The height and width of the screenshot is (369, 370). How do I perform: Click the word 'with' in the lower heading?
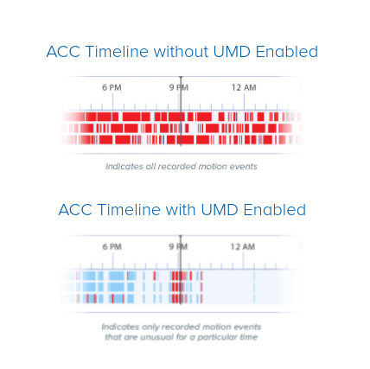coord(185,210)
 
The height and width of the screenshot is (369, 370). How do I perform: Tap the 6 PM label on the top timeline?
coord(112,87)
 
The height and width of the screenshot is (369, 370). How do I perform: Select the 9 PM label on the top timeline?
coord(179,87)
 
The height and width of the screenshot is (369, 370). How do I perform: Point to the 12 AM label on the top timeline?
coord(244,87)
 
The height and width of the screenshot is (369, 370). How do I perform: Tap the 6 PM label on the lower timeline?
coord(112,246)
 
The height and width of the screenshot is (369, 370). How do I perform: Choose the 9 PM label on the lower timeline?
coord(179,246)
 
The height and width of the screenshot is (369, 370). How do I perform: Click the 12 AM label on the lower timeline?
coord(244,246)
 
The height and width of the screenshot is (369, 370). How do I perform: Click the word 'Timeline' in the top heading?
coord(118,52)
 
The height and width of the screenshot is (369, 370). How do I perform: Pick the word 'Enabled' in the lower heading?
coord(277,210)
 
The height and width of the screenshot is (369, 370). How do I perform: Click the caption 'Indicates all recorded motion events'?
coord(181,166)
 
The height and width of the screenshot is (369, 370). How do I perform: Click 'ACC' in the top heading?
coord(63,52)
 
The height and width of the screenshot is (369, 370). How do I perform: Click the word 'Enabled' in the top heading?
coord(289,52)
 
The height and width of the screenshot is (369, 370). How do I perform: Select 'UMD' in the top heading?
coord(236,52)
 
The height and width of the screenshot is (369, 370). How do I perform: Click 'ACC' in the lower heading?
coord(75,210)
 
